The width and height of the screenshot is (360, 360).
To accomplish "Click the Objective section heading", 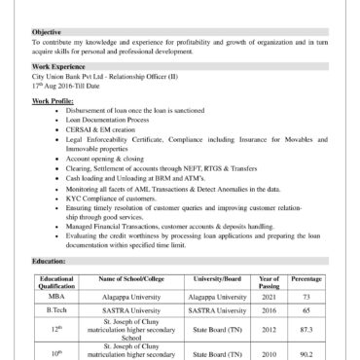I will [x=48, y=32].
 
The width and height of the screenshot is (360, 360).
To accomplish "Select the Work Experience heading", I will [x=60, y=66].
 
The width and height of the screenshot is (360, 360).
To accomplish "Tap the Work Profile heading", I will [x=53, y=100].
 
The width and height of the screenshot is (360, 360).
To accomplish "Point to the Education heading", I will [x=49, y=262].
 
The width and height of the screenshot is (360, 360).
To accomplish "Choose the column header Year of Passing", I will [x=270, y=281].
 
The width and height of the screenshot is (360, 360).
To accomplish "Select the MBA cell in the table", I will [x=57, y=296].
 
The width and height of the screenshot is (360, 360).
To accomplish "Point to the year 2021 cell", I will [x=270, y=296].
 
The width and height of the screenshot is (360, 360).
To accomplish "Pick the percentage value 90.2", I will [x=306, y=354].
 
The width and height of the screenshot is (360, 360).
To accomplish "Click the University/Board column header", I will [x=219, y=278].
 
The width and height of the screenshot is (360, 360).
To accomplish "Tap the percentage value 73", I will [x=306, y=296].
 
